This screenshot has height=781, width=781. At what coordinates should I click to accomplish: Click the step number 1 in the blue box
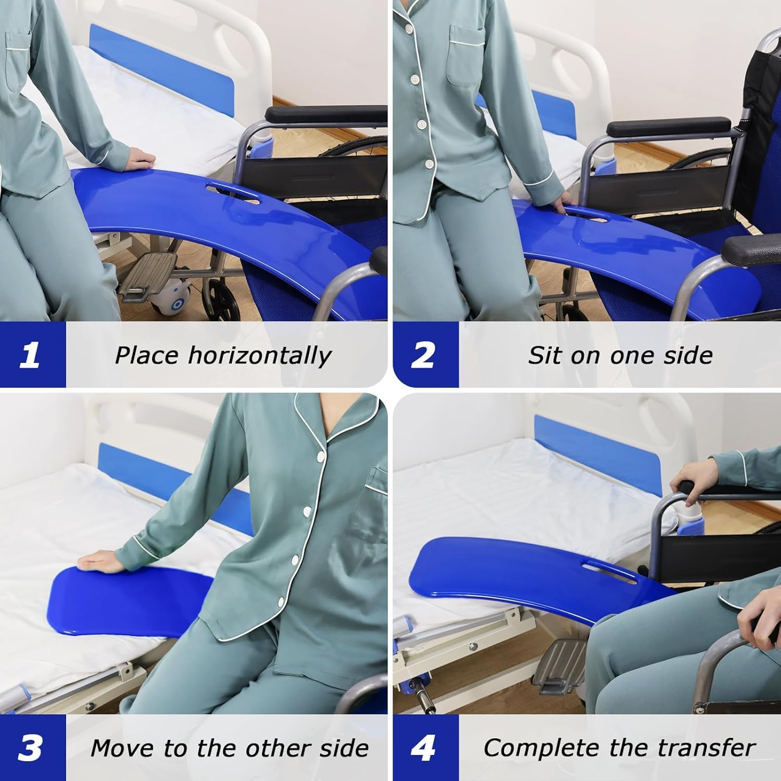coord(30,356)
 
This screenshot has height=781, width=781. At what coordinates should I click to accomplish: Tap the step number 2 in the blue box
coord(423,356)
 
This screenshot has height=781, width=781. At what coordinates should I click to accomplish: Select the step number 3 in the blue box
coord(30,748)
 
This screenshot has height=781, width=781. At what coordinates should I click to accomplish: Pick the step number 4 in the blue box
coord(423,748)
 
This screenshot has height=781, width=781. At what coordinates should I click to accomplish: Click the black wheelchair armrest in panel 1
coord(325,114)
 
